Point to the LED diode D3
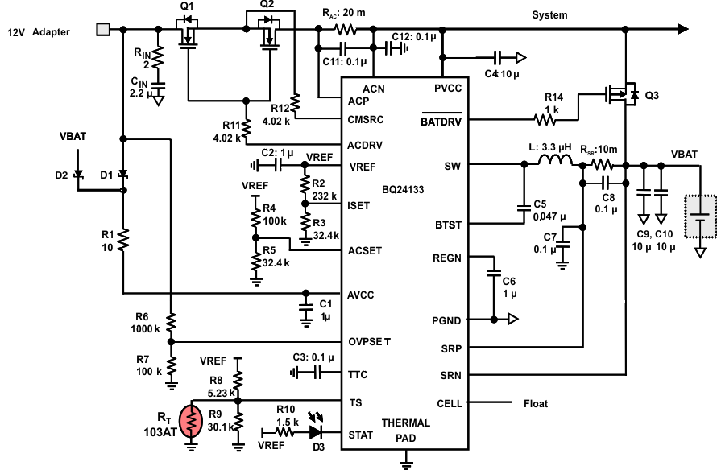tap(315, 431)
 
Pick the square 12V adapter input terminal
tap(103, 30)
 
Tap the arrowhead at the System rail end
tap(683, 30)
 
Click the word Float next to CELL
tap(536, 403)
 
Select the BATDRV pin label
tap(441, 122)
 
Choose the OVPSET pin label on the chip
tap(369, 342)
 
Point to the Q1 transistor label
tap(187, 6)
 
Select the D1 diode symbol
tap(123, 174)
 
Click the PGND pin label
tap(446, 321)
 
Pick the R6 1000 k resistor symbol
tap(171, 322)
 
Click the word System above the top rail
tap(549, 14)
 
